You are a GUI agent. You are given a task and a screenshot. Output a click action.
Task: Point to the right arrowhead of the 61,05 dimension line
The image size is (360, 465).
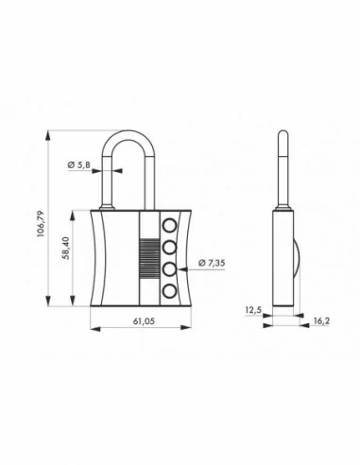[189, 329]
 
